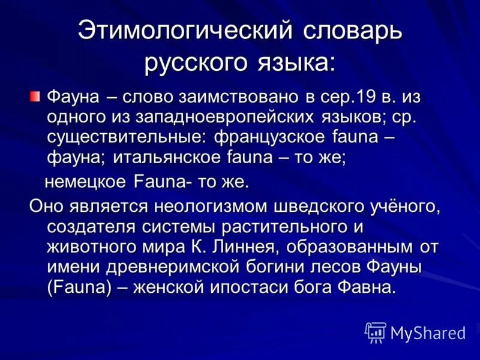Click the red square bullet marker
[36, 96]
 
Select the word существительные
[124, 137]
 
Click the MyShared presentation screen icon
[376, 331]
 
